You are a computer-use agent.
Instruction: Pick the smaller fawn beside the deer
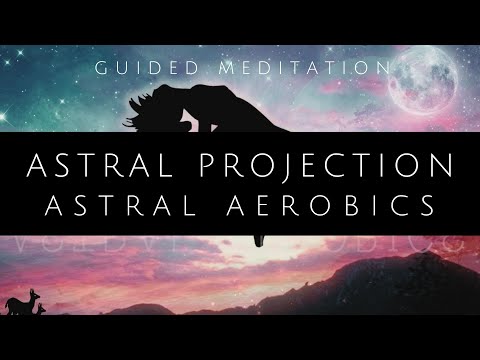click(43, 310)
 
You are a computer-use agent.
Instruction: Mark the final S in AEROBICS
click(431, 204)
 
